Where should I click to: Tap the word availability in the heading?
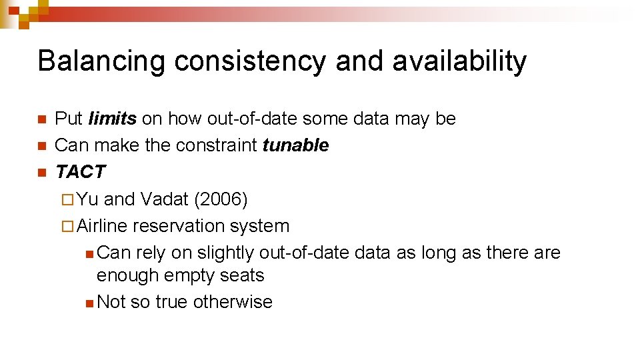(x=459, y=61)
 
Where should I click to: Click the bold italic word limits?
(x=112, y=119)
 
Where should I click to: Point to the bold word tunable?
(x=295, y=145)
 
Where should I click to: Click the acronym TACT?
(x=80, y=172)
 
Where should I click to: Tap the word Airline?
(x=102, y=226)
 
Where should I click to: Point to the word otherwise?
(x=233, y=302)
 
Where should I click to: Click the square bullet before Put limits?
(x=41, y=119)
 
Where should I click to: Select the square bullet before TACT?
(x=41, y=173)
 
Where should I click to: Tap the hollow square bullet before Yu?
(x=65, y=200)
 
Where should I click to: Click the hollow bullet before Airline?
(x=65, y=227)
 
